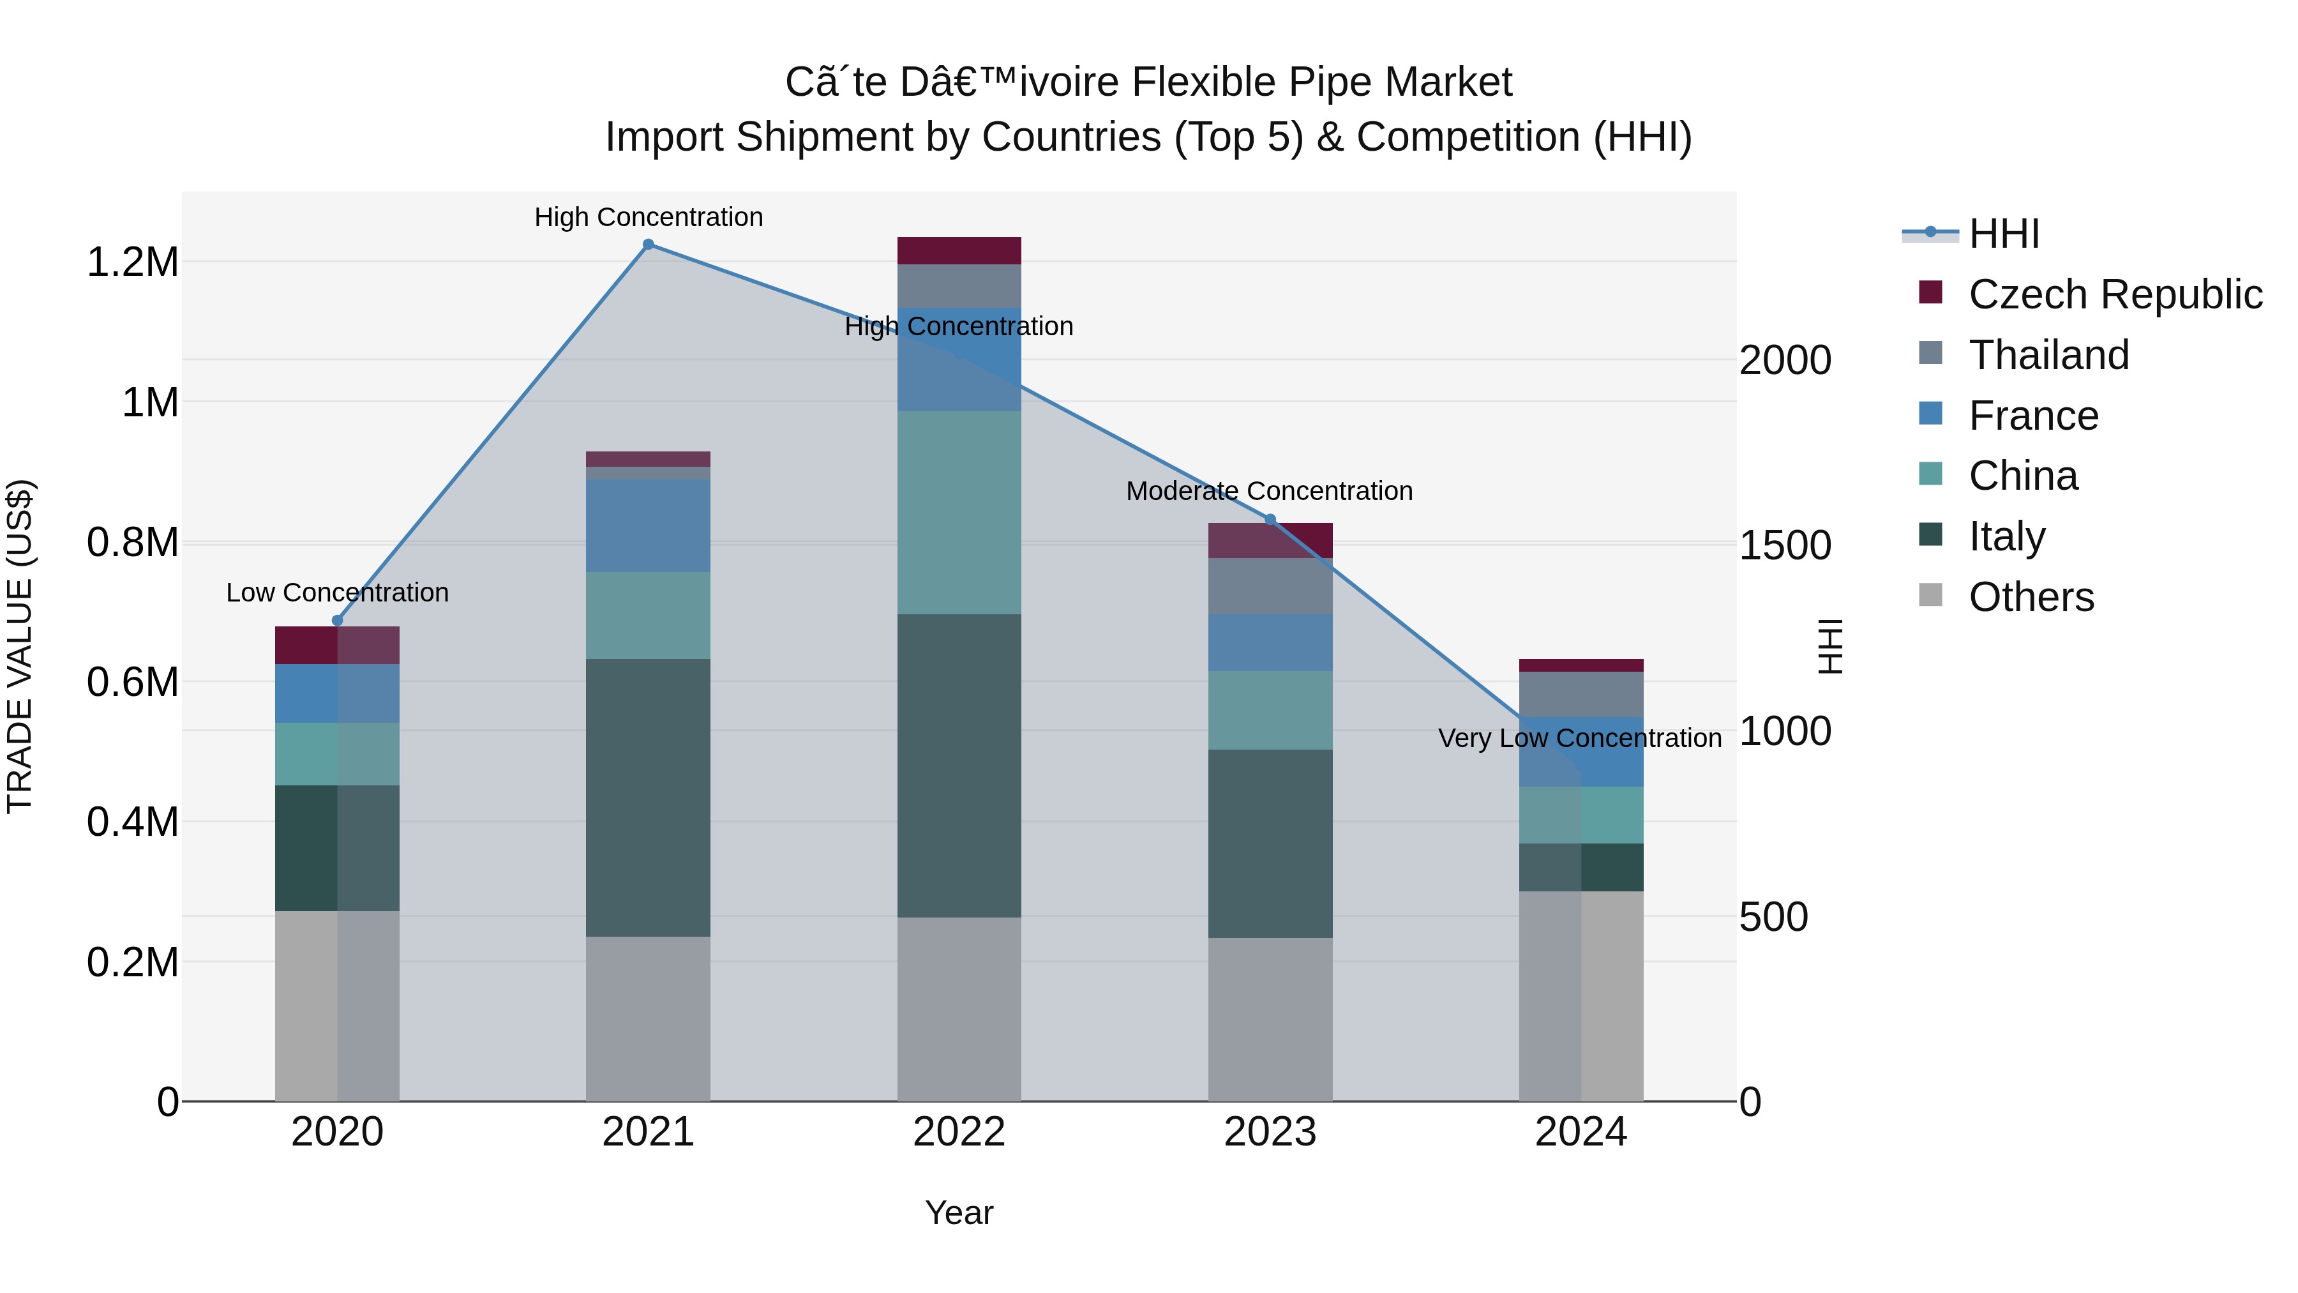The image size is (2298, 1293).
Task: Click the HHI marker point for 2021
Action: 649,244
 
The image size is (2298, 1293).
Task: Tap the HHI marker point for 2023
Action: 1270,519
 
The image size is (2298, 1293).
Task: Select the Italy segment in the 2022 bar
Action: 959,766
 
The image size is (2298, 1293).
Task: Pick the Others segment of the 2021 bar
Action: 649,1018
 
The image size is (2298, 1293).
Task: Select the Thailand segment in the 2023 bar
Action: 1270,586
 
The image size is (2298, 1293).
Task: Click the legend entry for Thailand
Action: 2049,355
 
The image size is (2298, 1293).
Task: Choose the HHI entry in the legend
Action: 2004,234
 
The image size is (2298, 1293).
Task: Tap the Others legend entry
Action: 2031,597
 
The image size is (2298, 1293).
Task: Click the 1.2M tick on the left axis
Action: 132,262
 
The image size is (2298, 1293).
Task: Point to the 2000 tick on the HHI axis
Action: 1785,361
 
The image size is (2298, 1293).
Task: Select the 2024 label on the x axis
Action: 1581,1132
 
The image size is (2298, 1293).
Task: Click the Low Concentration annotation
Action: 337,593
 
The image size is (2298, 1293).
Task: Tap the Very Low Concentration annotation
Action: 1580,738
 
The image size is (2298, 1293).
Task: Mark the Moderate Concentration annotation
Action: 1270,491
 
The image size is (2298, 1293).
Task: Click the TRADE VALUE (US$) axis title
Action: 20,646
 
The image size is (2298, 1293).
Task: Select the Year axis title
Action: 959,1213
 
